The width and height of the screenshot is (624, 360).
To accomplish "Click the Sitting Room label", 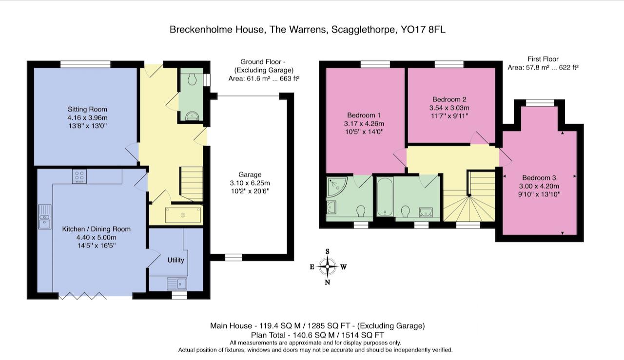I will pos(87,109).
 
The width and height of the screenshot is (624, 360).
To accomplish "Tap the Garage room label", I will pos(250,174).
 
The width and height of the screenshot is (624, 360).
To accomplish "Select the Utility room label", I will pos(175,260).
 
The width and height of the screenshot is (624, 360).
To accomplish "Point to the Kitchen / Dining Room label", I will pos(96,229).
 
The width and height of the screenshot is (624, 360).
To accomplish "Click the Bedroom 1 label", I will pos(364,115).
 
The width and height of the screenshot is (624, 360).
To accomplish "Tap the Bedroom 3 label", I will pos(539,178).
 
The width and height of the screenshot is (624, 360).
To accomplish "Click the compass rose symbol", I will pos(328,266).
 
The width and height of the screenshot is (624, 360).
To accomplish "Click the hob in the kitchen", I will pos(79,176).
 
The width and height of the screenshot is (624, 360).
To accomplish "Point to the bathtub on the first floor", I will pos(384,197).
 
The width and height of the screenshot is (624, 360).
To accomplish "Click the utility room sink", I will pos(176,283).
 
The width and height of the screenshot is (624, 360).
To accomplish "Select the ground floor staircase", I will pos(192,183).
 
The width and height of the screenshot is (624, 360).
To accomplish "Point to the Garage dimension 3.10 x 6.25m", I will pos(250,183).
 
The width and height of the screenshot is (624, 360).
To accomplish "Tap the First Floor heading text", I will pos(543,59).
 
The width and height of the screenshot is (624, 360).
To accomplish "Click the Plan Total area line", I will pos(317,335).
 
